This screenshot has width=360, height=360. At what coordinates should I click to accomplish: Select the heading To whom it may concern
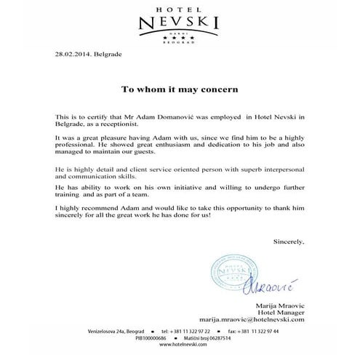pos(179,92)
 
